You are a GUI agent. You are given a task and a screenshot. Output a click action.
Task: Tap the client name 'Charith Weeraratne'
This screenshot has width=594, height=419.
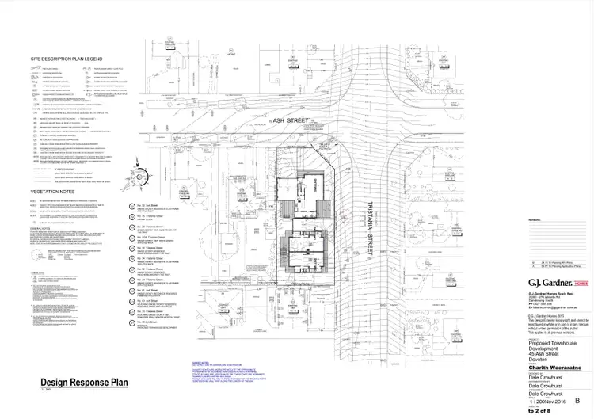(554, 366)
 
